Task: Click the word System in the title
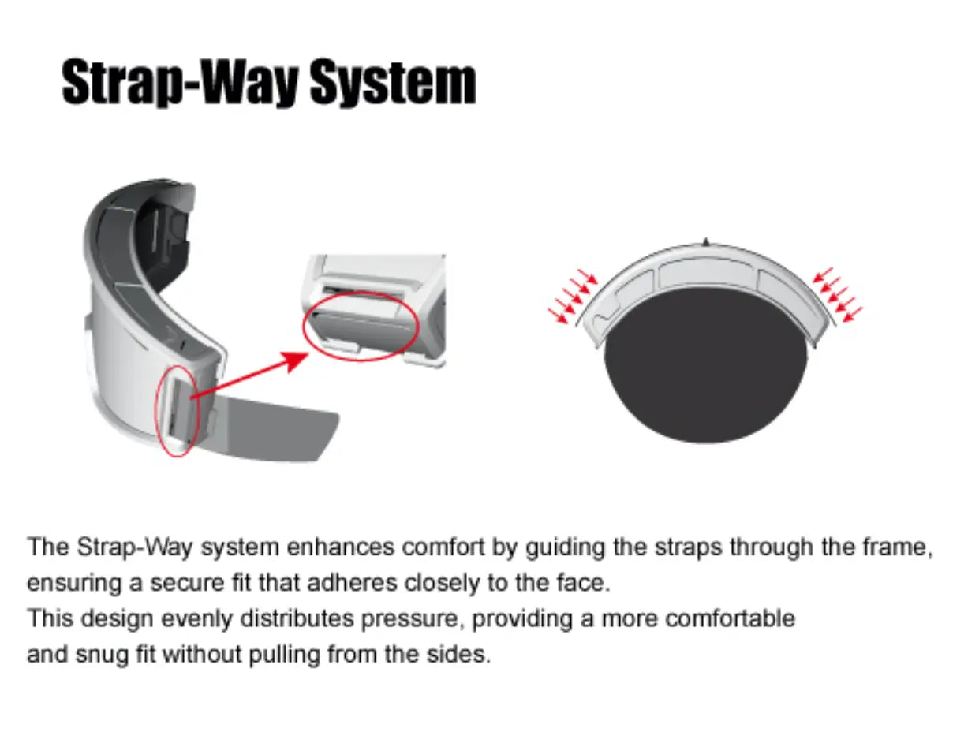pos(393,82)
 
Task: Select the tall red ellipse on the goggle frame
pos(178,411)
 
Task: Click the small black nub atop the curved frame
pos(705,241)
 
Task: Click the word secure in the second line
pos(187,584)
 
